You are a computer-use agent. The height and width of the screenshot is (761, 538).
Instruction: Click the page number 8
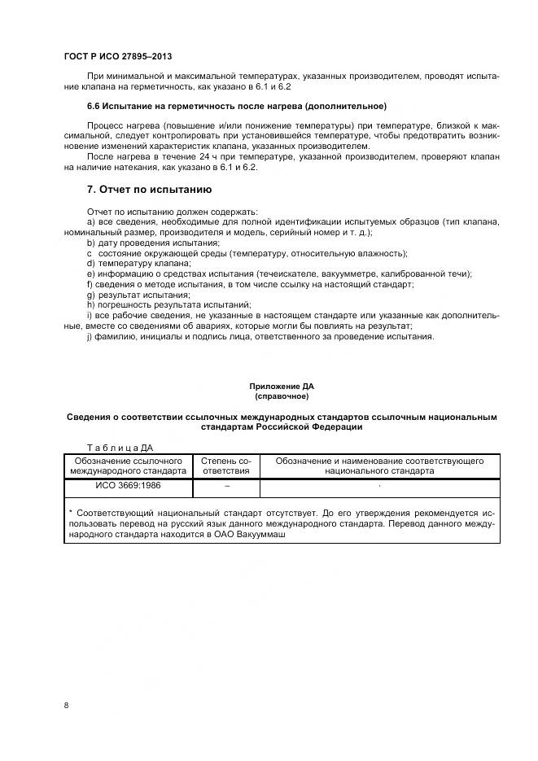66,705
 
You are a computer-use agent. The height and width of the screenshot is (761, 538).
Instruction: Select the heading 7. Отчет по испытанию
149,190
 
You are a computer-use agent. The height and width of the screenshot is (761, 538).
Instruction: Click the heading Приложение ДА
282,385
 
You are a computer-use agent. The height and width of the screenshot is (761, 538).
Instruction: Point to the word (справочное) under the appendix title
282,396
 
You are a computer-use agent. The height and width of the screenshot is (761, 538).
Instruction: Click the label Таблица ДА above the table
119,447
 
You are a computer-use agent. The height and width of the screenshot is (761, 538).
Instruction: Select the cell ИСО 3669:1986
128,486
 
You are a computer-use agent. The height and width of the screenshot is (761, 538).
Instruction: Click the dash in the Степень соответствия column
226,486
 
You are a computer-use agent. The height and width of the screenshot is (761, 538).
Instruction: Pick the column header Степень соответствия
226,466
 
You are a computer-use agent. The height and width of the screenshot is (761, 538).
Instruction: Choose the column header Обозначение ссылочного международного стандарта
128,466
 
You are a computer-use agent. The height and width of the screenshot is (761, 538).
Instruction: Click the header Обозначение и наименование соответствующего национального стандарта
379,466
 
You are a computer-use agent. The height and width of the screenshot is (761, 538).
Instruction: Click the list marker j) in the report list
90,337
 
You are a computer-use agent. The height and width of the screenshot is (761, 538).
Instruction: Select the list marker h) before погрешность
90,305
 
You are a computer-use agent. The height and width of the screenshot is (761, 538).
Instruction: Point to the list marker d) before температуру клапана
90,264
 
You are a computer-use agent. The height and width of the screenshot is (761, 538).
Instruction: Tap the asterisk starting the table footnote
71,514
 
